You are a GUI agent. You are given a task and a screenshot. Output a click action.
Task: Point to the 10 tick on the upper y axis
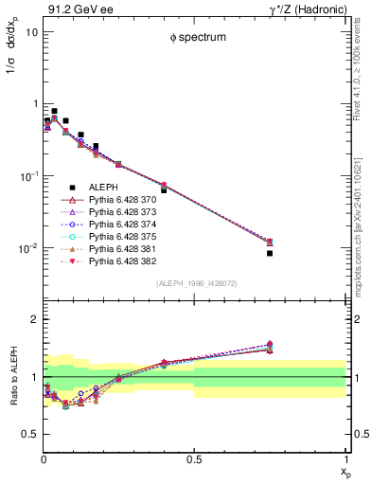30,31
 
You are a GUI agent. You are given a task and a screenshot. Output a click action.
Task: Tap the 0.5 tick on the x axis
194,460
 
